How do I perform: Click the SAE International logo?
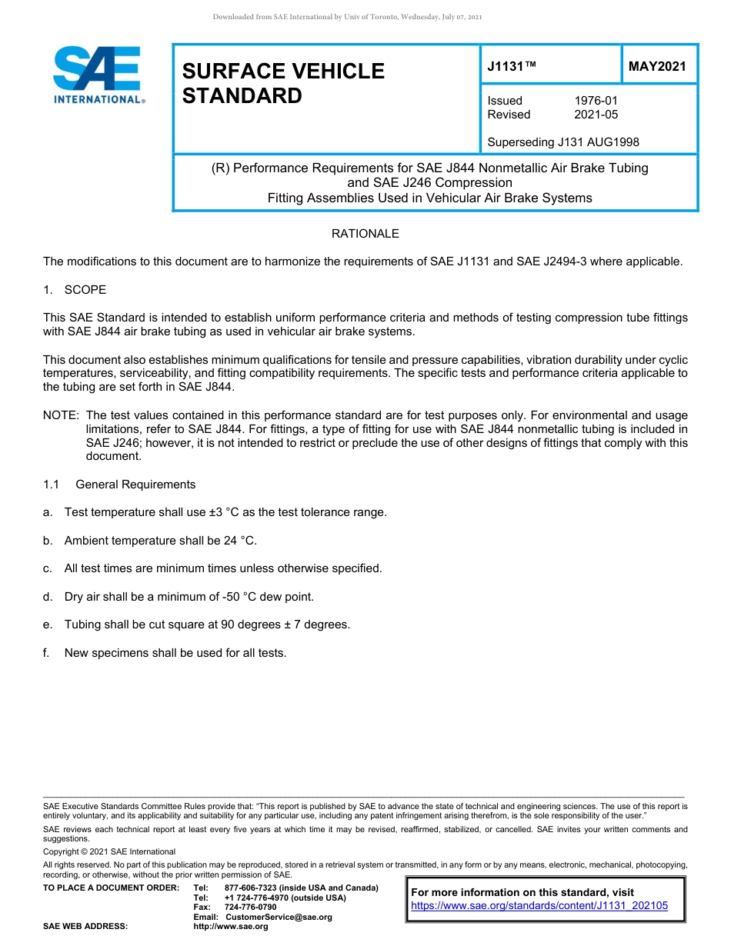[98, 75]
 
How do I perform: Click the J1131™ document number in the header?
[512, 67]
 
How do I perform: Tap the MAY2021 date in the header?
[657, 67]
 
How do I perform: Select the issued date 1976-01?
[596, 101]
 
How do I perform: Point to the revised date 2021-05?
[596, 115]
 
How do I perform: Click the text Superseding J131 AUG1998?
[563, 142]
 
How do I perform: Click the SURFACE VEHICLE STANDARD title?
[282, 83]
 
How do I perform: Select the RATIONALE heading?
[365, 233]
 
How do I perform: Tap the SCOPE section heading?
[85, 290]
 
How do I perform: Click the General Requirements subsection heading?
[135, 485]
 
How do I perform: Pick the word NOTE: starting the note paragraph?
[61, 415]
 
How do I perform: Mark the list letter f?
[46, 653]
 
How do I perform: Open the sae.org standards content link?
[539, 906]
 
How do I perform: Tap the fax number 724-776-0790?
[250, 908]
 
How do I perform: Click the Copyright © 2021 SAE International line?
[109, 851]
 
